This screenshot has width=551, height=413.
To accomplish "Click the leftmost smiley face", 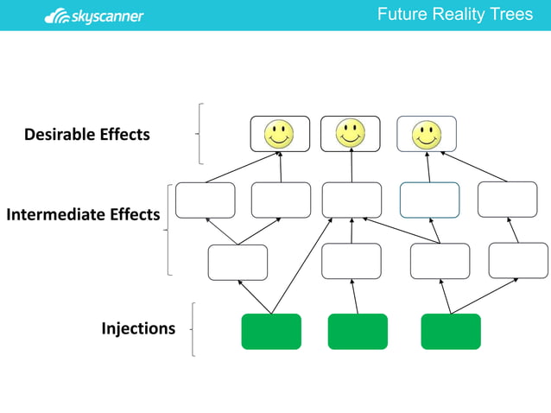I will click(x=278, y=134).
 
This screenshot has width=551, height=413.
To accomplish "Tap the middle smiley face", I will click(x=350, y=133).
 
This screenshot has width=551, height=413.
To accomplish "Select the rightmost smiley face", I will click(x=426, y=134).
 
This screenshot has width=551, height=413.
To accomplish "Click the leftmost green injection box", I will click(x=271, y=332).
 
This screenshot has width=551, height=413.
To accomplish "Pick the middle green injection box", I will click(x=358, y=332).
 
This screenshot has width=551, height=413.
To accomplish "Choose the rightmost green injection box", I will click(x=451, y=332).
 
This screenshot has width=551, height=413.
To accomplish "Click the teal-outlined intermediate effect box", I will click(x=429, y=200).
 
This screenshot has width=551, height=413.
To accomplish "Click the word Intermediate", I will click(x=55, y=213).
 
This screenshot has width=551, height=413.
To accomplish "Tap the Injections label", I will click(x=138, y=328).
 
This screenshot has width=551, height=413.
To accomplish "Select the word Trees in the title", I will click(x=511, y=15).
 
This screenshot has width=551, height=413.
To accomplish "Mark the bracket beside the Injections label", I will click(x=193, y=329).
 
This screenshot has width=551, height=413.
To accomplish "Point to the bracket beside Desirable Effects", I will click(x=200, y=134).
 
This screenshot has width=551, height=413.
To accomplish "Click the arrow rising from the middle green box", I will click(x=356, y=297).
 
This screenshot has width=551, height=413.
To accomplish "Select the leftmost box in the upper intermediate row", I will click(x=206, y=200).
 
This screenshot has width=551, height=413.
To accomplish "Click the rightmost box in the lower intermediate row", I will click(x=518, y=261).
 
